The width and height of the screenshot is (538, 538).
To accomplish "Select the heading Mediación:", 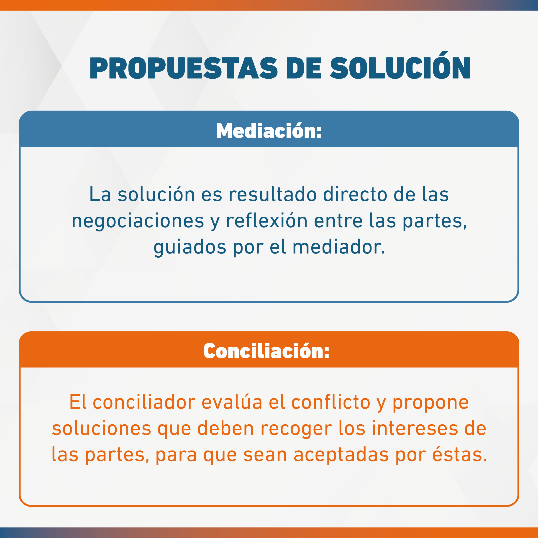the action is pos(269,130).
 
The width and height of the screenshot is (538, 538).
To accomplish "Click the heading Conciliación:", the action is pos(266,351).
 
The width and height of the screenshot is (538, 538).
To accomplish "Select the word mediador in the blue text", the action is pos(339,247).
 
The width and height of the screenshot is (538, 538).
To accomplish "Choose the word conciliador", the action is pos(144,402).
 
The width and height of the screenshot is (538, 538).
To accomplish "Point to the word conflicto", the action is pos(331,402).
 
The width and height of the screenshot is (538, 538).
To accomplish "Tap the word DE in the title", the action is pos(304,68).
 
